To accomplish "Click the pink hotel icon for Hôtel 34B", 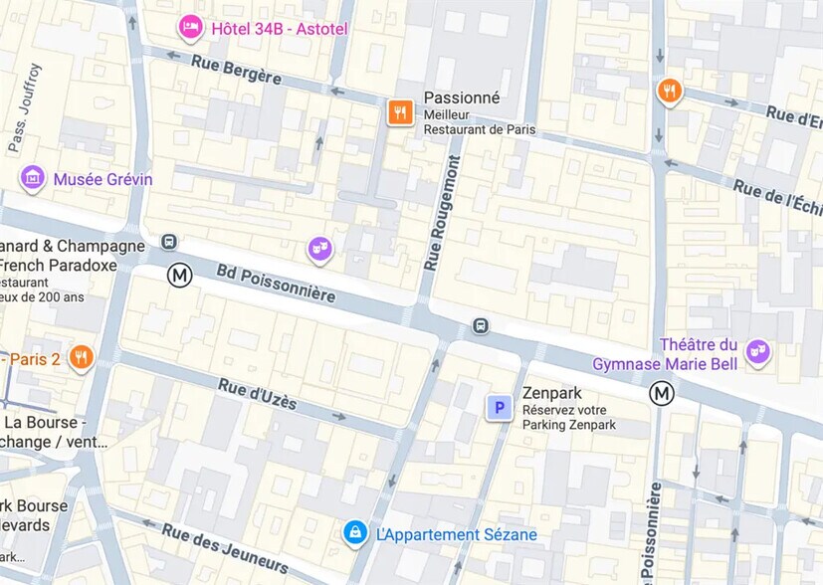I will [190, 27].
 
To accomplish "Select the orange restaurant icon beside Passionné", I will [400, 112].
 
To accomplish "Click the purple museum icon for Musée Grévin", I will [33, 178].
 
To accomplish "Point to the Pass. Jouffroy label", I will [25, 108].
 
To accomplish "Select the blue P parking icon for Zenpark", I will [499, 407].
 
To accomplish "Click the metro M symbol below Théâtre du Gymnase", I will [662, 394].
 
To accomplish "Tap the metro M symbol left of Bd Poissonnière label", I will [179, 275].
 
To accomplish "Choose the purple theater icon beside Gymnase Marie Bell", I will [758, 351].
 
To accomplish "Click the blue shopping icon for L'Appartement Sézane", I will [354, 533].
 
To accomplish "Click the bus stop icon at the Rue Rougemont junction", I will [481, 325].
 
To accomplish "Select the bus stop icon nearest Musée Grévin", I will [169, 242].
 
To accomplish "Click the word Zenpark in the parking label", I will [552, 393].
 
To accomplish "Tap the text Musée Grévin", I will [103, 179].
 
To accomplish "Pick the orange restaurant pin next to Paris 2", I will [82, 357].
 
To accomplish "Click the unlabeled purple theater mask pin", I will [319, 248].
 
